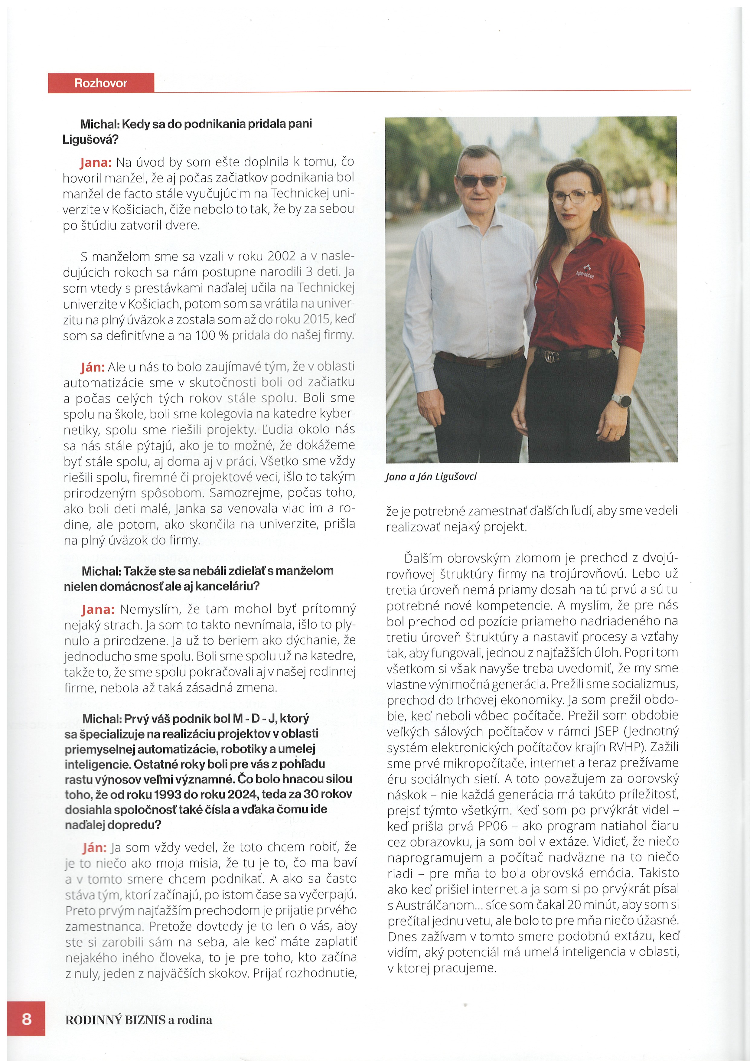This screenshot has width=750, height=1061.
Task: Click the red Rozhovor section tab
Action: point(101,83)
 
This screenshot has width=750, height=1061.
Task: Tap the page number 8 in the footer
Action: point(27,1019)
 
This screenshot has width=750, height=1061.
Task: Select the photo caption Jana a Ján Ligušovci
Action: point(431,476)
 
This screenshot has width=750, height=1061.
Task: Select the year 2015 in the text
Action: point(317,319)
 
